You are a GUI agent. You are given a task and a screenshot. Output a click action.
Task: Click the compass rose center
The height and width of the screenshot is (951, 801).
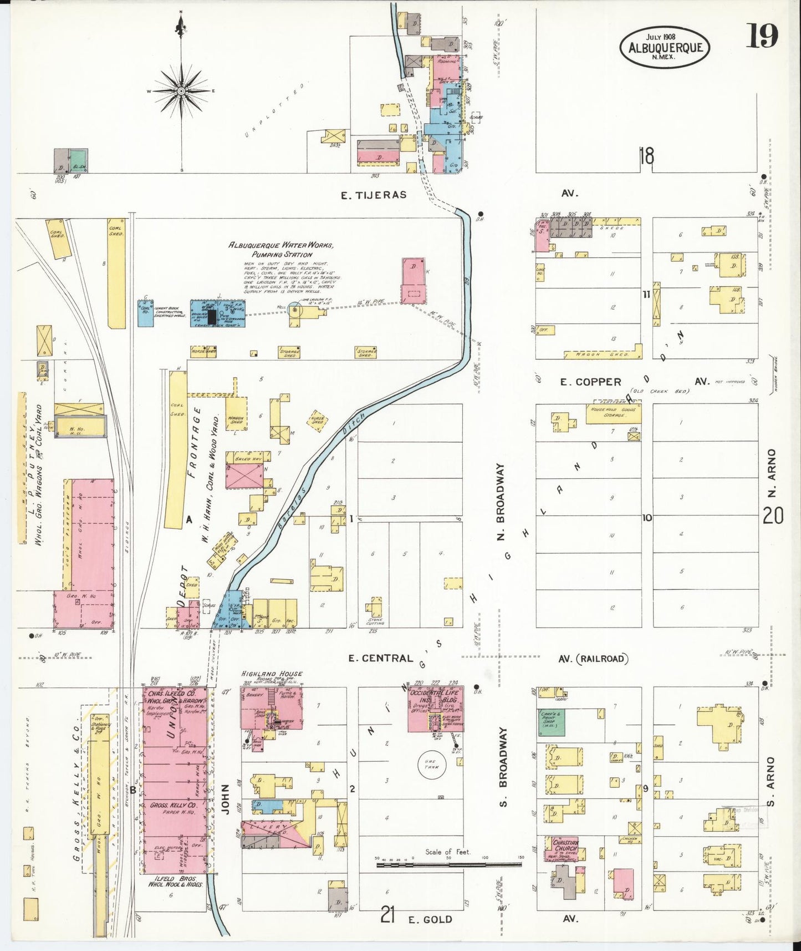[181, 90]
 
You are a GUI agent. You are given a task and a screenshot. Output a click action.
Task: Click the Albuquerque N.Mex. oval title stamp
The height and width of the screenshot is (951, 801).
[665, 48]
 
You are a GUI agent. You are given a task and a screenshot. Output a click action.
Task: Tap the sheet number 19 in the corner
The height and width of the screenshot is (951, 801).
[763, 36]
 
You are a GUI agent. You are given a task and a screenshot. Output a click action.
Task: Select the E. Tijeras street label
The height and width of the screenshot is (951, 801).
[374, 195]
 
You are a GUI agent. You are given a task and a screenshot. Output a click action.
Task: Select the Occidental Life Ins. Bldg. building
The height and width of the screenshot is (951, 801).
[435, 711]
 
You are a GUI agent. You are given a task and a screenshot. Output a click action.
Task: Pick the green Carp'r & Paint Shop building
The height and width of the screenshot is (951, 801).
[550, 722]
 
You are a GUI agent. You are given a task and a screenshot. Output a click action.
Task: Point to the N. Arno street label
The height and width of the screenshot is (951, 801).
[772, 473]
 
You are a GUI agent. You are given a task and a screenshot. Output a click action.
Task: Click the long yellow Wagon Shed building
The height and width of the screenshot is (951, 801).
[601, 354]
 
